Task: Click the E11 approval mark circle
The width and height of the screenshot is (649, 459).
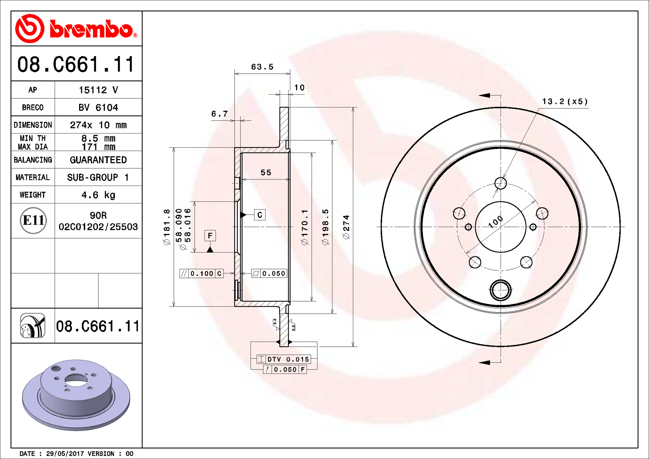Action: [x=33, y=220]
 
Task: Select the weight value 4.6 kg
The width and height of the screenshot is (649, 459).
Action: [x=98, y=195]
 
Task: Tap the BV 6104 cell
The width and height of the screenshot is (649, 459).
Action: [x=98, y=107]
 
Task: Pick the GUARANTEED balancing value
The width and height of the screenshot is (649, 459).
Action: [x=98, y=160]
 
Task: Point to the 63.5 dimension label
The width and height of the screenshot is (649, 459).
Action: [x=262, y=67]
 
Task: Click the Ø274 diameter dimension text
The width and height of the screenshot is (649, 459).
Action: [x=346, y=227]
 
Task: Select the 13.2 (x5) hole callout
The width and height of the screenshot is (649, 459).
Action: [x=565, y=101]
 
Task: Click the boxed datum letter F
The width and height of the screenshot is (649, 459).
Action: [x=210, y=236]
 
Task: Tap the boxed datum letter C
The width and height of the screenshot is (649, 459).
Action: [x=260, y=215]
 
